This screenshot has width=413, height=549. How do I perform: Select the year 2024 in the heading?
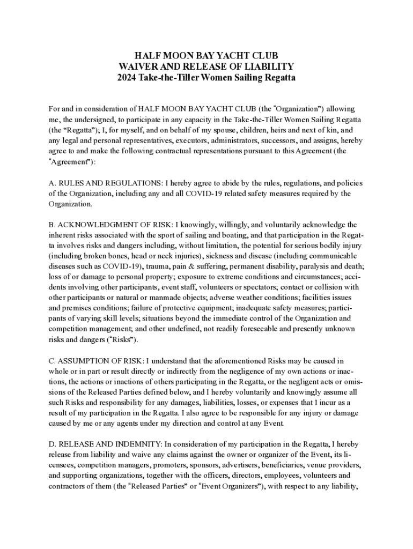click(x=127, y=78)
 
